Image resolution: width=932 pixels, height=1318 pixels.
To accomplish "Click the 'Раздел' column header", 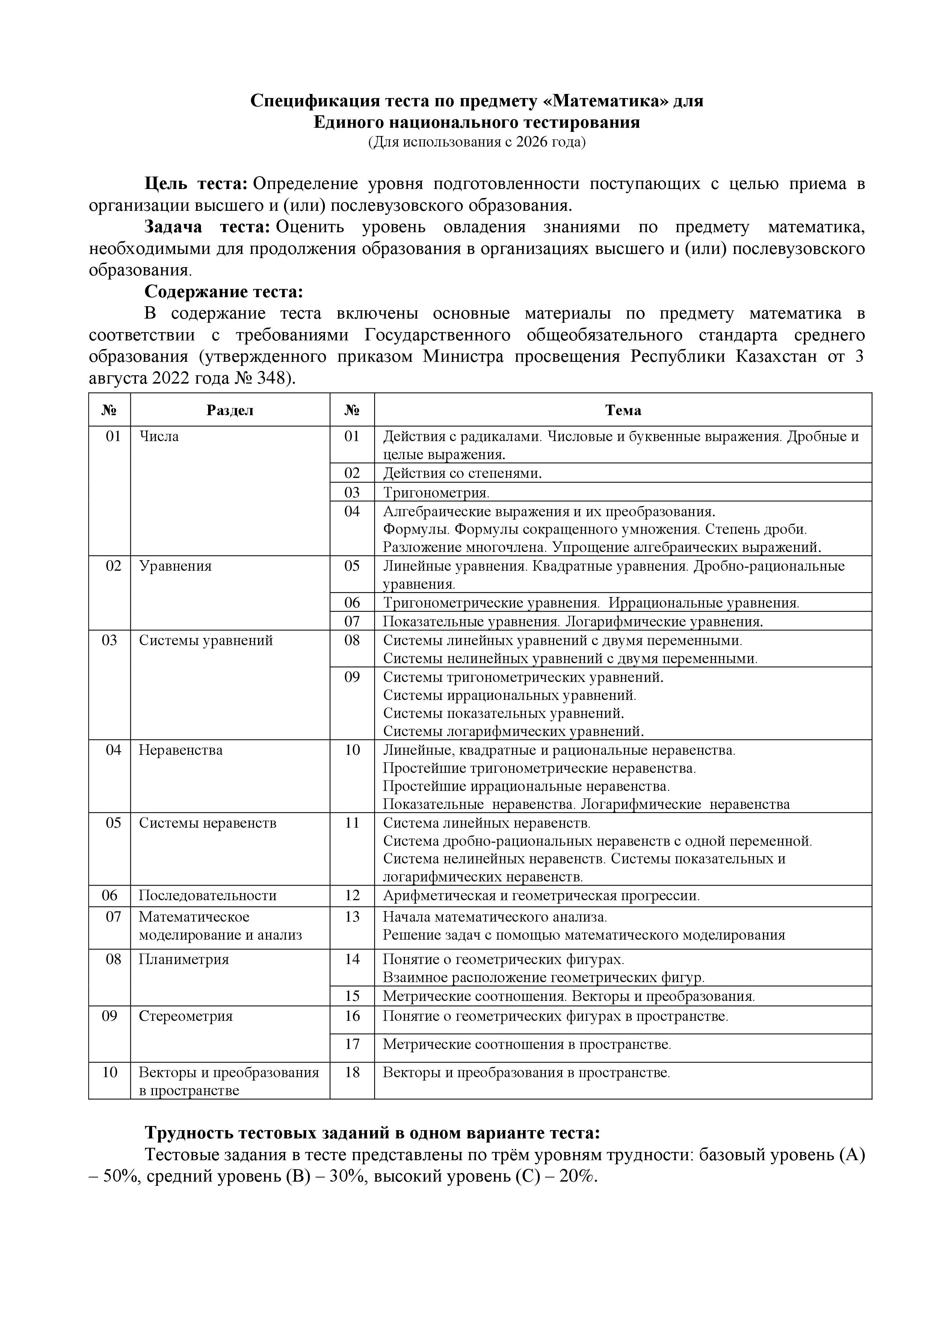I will [x=230, y=410].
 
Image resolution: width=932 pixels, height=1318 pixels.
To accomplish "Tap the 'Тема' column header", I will [x=623, y=410].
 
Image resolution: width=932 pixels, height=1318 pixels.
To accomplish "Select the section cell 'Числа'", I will [x=159, y=436].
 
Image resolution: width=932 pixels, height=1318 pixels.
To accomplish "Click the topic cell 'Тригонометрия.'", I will [x=436, y=493].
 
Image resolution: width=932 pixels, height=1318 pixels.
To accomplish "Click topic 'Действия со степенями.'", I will [x=462, y=473].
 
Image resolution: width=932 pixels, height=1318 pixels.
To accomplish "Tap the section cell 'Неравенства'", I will [x=180, y=750].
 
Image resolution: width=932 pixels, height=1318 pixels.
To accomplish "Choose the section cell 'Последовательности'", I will [x=208, y=895].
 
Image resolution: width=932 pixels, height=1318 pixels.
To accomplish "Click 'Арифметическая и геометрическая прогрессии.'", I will [x=541, y=895].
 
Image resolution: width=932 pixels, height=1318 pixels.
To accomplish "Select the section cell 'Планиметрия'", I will [x=184, y=959].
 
